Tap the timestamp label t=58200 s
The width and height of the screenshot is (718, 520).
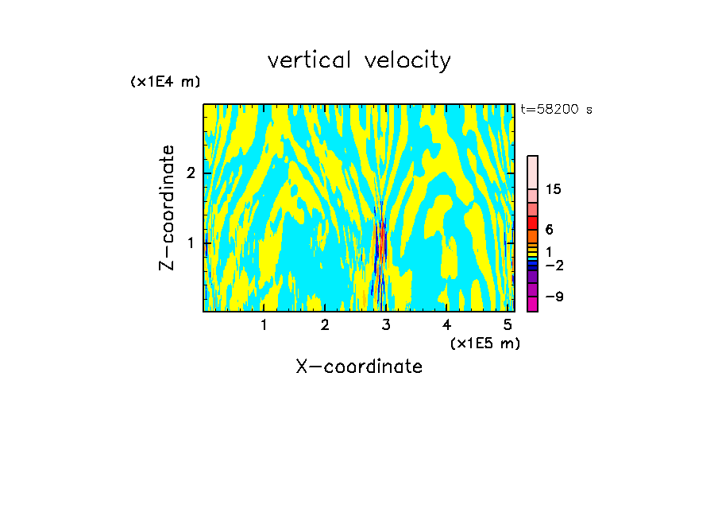(x=556, y=110)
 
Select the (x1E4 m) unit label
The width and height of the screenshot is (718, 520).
(x=165, y=81)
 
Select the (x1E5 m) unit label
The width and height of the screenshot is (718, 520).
(x=484, y=343)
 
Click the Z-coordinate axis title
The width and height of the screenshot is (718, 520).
(x=167, y=208)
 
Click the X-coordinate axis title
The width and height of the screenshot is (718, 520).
(x=359, y=367)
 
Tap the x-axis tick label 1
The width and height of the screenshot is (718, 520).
(x=264, y=324)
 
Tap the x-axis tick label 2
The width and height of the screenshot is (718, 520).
(x=325, y=324)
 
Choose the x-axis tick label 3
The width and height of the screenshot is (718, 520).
(x=386, y=324)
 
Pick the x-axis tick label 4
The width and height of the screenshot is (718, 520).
(x=446, y=324)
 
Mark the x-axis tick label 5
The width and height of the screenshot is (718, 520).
(x=508, y=324)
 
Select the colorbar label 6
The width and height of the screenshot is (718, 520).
(x=549, y=229)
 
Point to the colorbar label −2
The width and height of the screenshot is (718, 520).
(x=554, y=265)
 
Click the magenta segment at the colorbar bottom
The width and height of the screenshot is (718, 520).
(x=532, y=303)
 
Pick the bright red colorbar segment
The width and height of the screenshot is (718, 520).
(x=532, y=223)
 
